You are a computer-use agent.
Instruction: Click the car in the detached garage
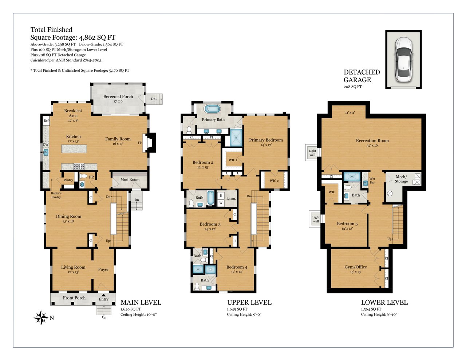click(403, 59)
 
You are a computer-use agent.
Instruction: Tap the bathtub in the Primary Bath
click(212, 109)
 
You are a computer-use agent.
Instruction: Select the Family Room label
click(118, 139)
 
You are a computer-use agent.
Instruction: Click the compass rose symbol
click(41, 317)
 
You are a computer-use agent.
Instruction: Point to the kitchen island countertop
click(74, 149)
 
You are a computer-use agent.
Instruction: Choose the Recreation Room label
click(372, 141)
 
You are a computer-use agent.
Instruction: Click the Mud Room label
click(130, 179)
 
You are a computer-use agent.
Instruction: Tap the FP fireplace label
click(139, 143)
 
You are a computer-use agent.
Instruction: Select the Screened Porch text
click(118, 96)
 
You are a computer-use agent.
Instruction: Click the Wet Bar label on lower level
click(372, 180)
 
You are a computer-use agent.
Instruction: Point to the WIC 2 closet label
click(274, 181)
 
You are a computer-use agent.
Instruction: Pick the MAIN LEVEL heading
click(141, 302)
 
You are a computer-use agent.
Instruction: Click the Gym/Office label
click(356, 267)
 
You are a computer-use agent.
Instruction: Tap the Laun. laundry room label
click(231, 198)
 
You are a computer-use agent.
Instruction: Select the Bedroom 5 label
click(347, 223)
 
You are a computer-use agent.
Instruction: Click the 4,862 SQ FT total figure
click(97, 37)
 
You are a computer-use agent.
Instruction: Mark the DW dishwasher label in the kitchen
click(46, 145)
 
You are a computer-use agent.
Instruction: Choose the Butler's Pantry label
click(56, 195)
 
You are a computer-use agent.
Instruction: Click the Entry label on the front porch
click(104, 299)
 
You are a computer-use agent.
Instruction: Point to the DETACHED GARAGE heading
click(362, 76)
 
